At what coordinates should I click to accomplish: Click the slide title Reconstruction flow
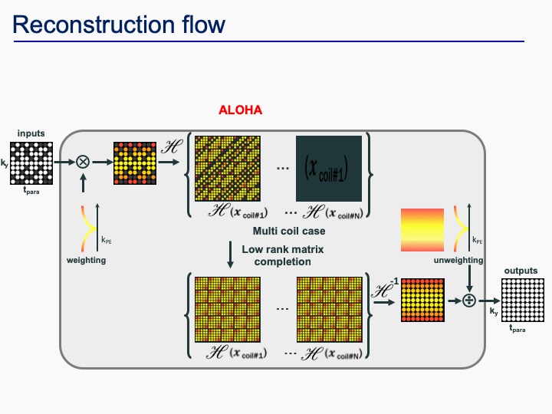[x=119, y=25]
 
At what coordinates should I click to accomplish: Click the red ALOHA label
[x=241, y=110]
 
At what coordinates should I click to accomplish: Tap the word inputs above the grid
[x=31, y=133]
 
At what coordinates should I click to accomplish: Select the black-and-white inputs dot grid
[x=32, y=163]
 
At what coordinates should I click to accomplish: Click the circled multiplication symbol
[x=82, y=163]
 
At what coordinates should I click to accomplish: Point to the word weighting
[x=85, y=261]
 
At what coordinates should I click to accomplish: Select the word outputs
[x=521, y=271]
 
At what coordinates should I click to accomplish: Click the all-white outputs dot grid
[x=522, y=301]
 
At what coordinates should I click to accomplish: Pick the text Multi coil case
[x=288, y=231]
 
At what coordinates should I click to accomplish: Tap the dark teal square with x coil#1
[x=329, y=168]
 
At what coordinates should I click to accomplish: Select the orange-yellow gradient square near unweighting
[x=422, y=230]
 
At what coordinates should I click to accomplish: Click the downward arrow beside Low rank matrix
[x=231, y=254]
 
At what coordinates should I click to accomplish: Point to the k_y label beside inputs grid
[x=5, y=163]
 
